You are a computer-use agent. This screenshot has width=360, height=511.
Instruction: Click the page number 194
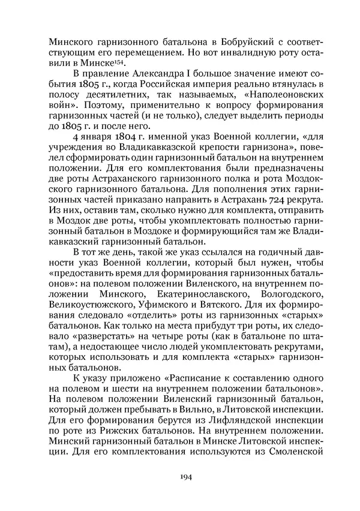click(180, 477)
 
